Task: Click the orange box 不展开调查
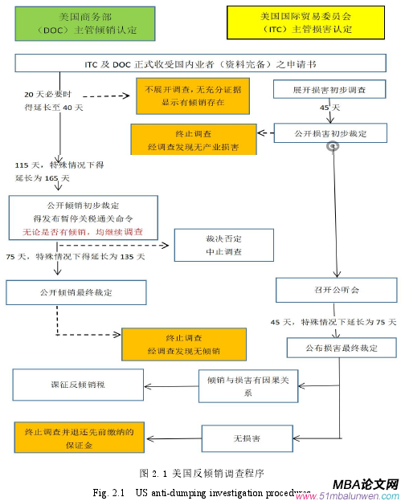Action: coord(191,96)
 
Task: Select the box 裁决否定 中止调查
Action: coord(217,244)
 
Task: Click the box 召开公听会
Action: coord(336,288)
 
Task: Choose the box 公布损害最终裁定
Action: coord(341,347)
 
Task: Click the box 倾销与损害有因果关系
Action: coord(243,385)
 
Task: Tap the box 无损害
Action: coord(243,438)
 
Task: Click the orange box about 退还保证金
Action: coord(72,438)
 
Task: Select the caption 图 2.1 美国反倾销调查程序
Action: coord(201,472)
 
